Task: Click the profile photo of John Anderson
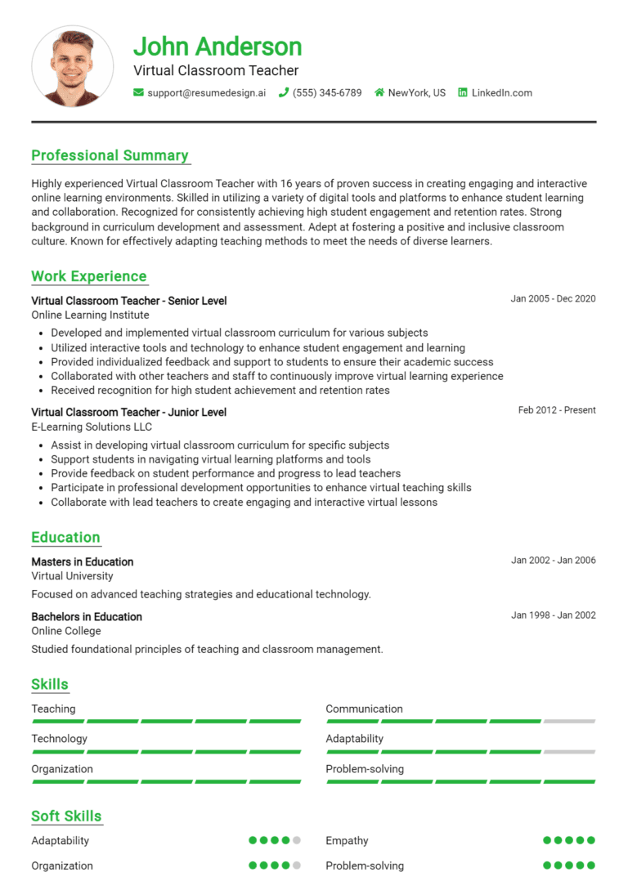(72, 67)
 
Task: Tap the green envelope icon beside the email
(138, 93)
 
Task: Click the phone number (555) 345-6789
(327, 93)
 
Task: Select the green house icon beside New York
(379, 93)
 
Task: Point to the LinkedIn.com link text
(501, 93)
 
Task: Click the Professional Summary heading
(110, 155)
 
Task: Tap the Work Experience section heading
(88, 276)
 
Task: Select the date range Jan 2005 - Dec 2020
(553, 299)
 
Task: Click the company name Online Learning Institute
(90, 315)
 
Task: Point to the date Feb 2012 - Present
(557, 410)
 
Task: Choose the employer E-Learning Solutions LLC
(92, 427)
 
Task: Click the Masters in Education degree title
(82, 562)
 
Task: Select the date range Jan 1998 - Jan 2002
(553, 615)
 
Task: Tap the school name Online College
(66, 631)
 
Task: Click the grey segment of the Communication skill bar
(569, 722)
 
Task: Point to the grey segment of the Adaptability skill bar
(569, 752)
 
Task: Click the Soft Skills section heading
(66, 816)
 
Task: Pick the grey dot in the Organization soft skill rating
(297, 865)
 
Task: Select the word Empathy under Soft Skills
(347, 841)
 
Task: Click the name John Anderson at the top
(218, 47)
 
